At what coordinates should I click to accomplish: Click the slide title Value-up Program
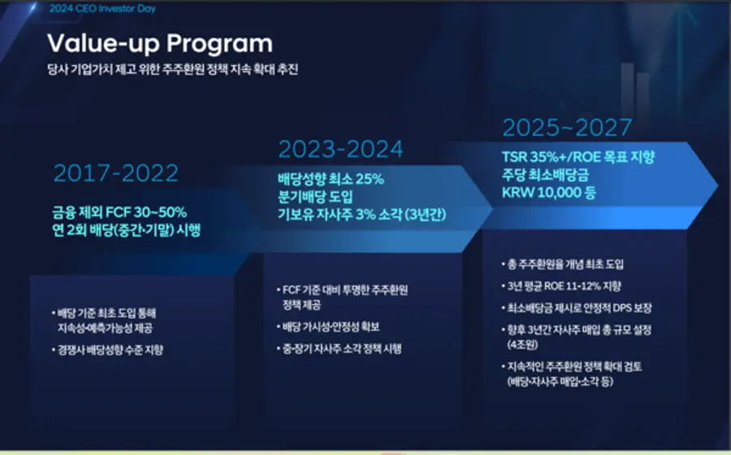(160, 44)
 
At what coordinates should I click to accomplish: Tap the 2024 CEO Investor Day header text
(102, 8)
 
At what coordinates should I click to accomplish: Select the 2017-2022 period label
(116, 173)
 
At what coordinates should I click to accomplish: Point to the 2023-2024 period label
(341, 149)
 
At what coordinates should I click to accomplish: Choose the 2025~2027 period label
(568, 128)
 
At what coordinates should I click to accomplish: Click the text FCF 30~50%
(146, 212)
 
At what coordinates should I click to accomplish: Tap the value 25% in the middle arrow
(370, 179)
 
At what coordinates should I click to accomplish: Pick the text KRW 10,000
(543, 192)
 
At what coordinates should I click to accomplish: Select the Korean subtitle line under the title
(172, 69)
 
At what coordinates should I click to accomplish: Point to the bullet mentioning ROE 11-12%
(561, 286)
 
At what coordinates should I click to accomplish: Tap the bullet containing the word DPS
(577, 308)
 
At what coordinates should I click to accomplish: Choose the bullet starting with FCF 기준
(343, 297)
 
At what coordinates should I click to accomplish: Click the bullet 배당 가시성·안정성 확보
(328, 327)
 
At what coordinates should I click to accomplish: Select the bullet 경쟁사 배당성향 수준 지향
(108, 349)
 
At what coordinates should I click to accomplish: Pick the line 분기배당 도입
(315, 197)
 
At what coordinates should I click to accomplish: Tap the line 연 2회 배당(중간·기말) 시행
(127, 230)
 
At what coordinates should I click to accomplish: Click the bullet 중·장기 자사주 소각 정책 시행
(340, 349)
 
